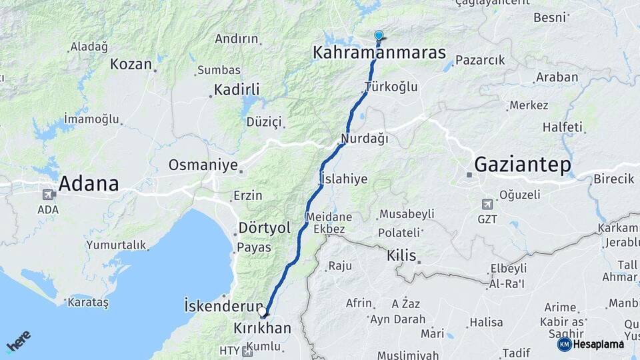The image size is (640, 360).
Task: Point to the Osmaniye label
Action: [x=203, y=164]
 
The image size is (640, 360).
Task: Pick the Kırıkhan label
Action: [x=263, y=328]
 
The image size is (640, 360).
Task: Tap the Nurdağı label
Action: [x=364, y=139]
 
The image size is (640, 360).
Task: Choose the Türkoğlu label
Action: [x=391, y=87]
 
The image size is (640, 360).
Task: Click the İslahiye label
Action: [x=344, y=178]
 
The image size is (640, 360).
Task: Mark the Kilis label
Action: [x=401, y=255]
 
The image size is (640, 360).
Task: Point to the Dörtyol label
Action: [x=265, y=228]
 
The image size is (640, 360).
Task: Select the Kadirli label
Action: [x=237, y=89]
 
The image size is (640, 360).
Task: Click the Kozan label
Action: [x=131, y=64]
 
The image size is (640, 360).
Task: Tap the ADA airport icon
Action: [x=48, y=195]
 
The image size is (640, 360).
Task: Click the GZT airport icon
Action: [x=488, y=204]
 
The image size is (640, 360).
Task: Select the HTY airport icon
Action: [x=247, y=351]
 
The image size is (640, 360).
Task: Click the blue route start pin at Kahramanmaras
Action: [x=379, y=35]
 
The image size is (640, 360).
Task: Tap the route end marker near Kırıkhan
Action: [x=263, y=310]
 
